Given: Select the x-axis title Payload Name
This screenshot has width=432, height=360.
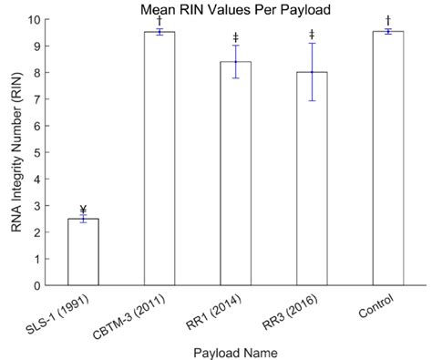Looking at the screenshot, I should (x=235, y=350).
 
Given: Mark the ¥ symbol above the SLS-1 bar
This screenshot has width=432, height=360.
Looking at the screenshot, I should (x=83, y=209).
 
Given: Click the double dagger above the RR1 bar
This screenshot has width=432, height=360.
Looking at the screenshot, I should (x=235, y=37).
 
